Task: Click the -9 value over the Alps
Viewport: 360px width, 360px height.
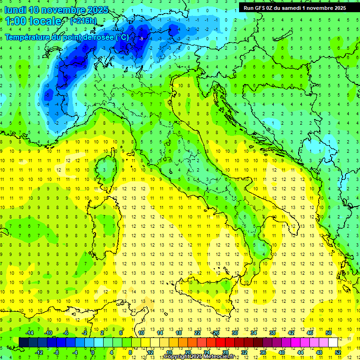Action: tap(141, 39)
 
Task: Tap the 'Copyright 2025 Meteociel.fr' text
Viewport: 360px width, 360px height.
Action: tap(199, 357)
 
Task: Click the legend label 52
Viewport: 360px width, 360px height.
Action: tap(337, 352)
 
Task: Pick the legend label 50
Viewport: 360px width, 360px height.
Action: tap(328, 333)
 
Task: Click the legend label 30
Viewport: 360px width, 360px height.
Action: tap(235, 333)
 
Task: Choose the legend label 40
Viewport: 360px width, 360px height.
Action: tap(281, 352)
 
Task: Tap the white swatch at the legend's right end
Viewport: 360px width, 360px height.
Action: tap(333, 342)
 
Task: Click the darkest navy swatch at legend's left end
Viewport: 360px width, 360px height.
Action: tap(24, 342)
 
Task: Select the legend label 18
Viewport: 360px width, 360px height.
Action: tap(179, 333)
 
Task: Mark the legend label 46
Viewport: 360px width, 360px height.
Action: tap(309, 333)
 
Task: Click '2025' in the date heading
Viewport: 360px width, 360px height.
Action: tap(97, 10)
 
